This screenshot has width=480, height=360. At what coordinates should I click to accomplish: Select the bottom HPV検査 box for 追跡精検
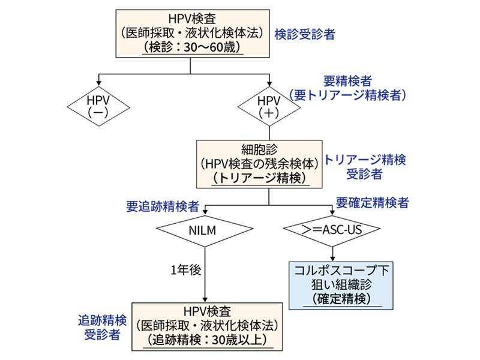tap(207, 325)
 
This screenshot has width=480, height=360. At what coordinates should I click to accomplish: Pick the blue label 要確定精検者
tap(373, 203)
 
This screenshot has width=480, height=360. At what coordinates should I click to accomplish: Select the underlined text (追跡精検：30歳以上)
tap(207, 339)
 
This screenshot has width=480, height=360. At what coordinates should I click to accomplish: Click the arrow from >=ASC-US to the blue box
tap(332, 253)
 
